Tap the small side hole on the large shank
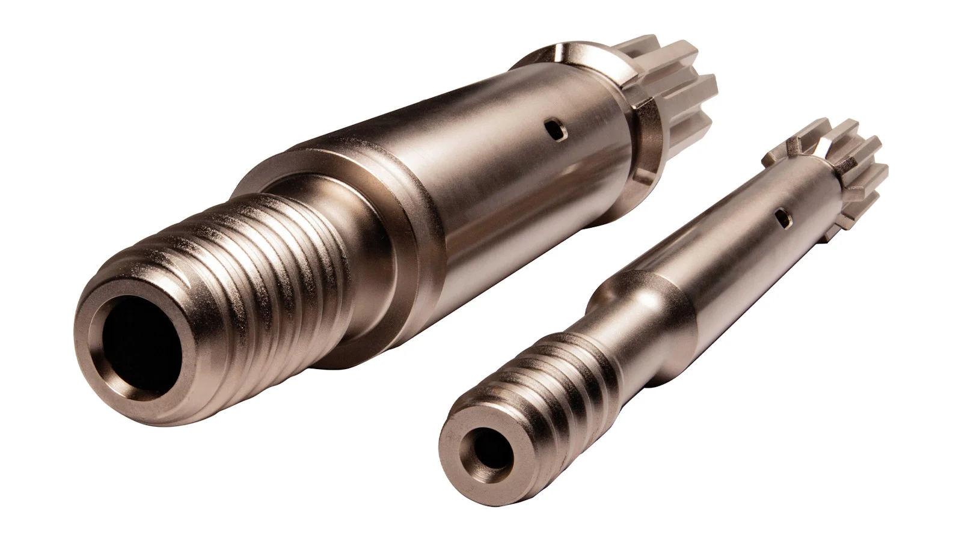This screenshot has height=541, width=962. click(x=554, y=130)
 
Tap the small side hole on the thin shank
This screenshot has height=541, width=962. click(x=783, y=218)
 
